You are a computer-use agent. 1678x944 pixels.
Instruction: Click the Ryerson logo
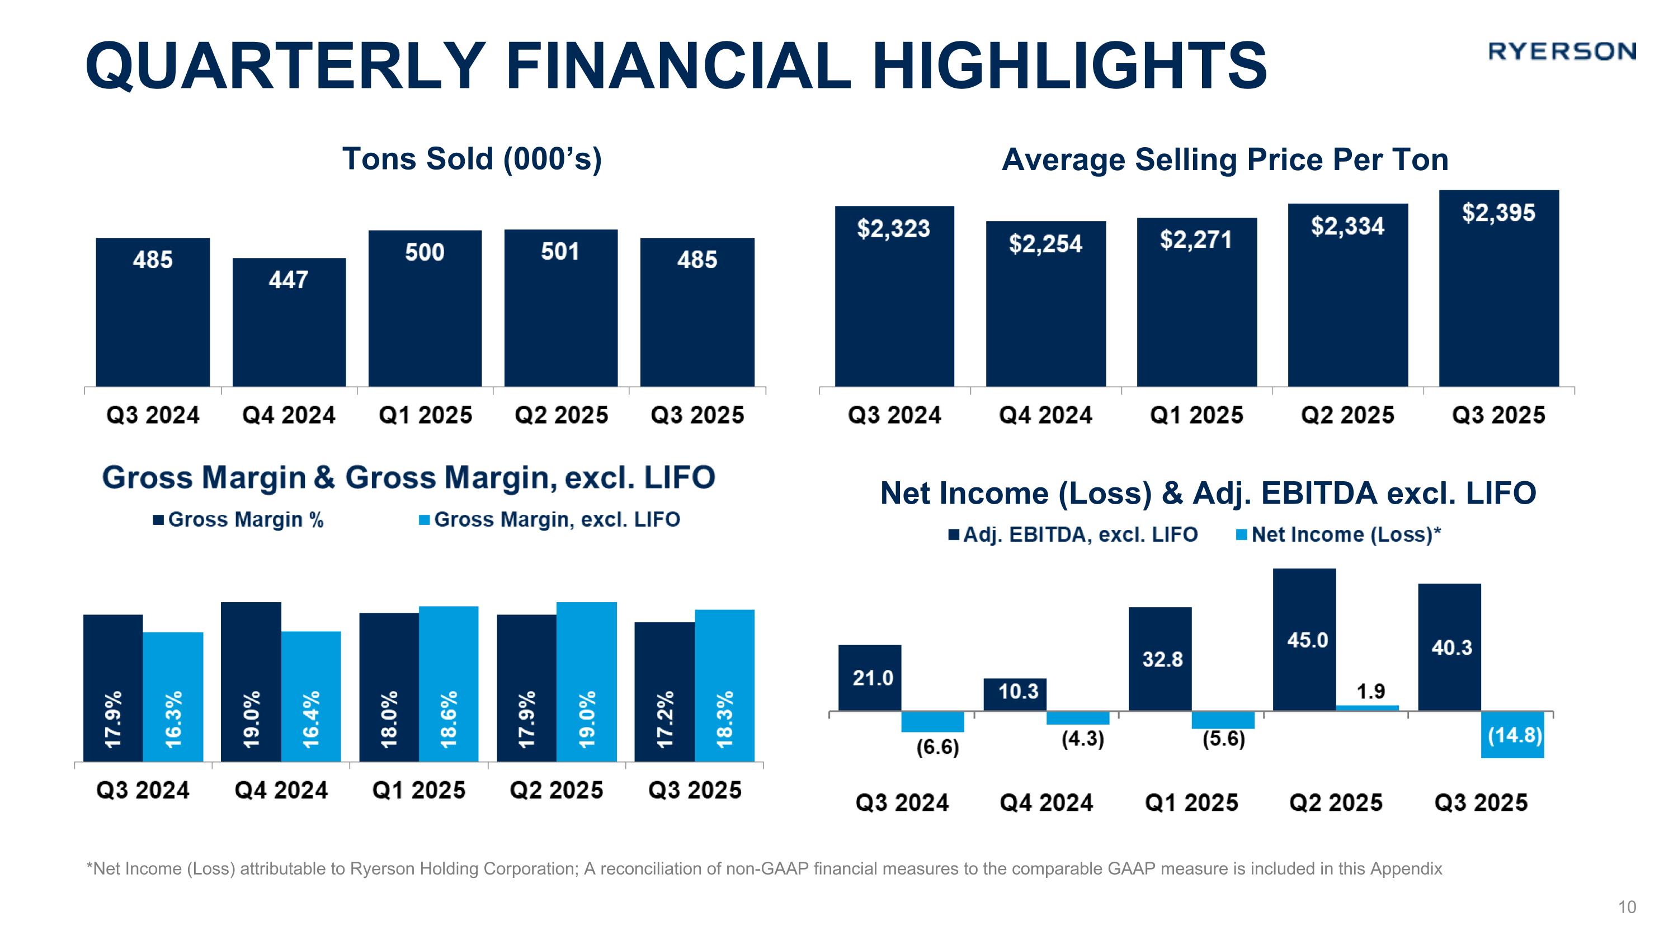pos(1562,51)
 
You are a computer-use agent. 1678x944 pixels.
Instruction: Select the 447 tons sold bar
pos(289,322)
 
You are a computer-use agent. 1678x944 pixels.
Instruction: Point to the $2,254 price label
pos(1045,243)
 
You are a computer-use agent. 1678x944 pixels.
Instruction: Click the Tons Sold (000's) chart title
pos(472,159)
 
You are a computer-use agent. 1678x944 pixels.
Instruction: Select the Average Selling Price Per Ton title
pos(1224,159)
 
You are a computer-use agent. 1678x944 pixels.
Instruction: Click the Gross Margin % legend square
pos(158,520)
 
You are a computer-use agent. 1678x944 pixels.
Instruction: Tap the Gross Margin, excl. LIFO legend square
pos(425,520)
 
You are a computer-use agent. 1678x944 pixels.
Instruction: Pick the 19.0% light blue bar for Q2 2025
pos(586,681)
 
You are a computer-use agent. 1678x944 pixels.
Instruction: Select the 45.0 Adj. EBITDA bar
pos(1304,639)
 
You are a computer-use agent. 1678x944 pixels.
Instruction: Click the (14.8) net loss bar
pos(1512,734)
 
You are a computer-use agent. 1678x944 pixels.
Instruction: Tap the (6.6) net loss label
pos(938,747)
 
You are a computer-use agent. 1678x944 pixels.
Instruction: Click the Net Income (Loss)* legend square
pos(1242,535)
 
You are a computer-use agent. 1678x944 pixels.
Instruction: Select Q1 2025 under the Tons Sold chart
pos(425,415)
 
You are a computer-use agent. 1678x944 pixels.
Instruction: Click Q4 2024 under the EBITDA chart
pos(1046,802)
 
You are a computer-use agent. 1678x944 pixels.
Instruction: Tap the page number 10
pos(1627,908)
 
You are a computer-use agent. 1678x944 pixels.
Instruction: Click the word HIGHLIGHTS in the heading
pos(1069,66)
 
